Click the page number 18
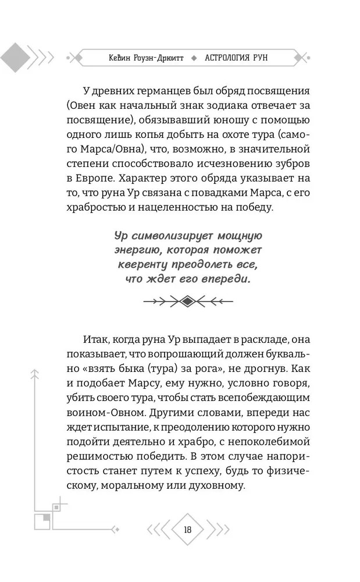click(187, 529)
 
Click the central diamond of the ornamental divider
click(188, 301)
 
